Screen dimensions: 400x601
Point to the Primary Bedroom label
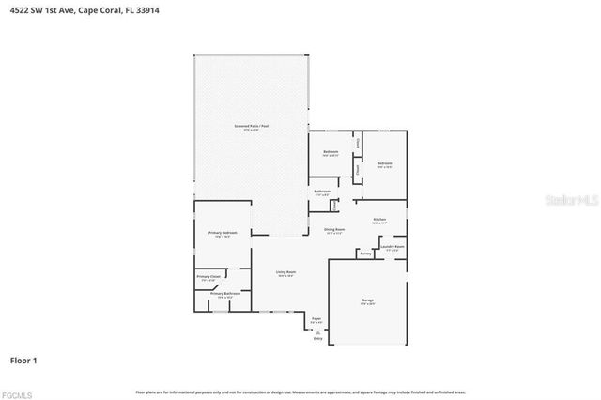click(x=223, y=232)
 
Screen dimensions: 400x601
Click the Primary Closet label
click(x=208, y=276)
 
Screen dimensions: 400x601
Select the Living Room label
click(x=285, y=272)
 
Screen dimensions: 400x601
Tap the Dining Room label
click(x=334, y=229)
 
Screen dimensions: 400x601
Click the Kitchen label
click(x=378, y=220)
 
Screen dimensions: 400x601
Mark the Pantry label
click(x=365, y=253)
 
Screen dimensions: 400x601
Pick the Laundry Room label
click(x=393, y=247)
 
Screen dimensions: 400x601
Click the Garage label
click(x=367, y=300)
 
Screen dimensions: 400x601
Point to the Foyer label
click(x=317, y=319)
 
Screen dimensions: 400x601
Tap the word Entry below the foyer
click(x=317, y=338)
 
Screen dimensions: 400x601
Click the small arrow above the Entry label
click(x=317, y=331)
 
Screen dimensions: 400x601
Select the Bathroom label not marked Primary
click(x=322, y=192)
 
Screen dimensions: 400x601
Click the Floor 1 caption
click(x=23, y=360)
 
